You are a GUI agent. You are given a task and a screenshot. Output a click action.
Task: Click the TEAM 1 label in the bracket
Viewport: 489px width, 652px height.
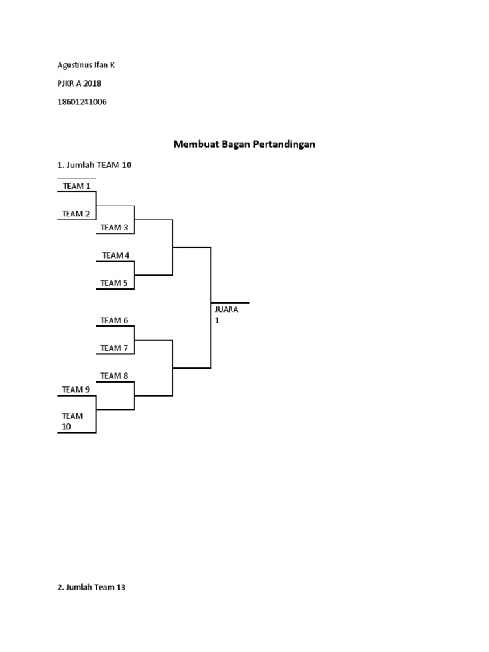point(76,186)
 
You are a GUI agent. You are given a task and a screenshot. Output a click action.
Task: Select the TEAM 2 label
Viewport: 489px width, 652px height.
point(76,214)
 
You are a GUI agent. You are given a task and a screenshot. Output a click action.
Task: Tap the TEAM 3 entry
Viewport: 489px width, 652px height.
point(114,227)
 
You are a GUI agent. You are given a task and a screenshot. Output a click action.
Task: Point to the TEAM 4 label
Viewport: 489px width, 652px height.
point(115,255)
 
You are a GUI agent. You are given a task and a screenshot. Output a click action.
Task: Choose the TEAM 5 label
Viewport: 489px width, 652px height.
point(114,283)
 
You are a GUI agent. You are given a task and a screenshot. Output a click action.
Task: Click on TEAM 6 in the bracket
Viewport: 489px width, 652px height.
point(114,320)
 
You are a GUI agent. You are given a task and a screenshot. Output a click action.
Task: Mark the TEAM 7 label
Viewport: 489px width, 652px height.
point(114,348)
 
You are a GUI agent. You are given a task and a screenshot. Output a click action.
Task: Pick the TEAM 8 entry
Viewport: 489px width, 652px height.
point(114,376)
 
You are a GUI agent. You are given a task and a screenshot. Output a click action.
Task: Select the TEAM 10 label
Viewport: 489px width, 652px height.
point(72,421)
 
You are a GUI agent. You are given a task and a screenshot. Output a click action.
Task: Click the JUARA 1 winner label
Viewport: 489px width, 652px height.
point(226,315)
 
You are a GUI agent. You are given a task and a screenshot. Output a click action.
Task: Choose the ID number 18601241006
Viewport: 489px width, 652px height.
point(82,102)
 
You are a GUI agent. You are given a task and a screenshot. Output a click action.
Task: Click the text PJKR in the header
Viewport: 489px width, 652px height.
point(66,83)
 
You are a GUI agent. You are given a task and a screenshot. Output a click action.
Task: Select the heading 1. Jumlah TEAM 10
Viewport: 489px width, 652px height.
point(94,165)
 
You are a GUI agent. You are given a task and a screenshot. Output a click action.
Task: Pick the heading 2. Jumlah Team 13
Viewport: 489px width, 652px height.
point(92,588)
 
